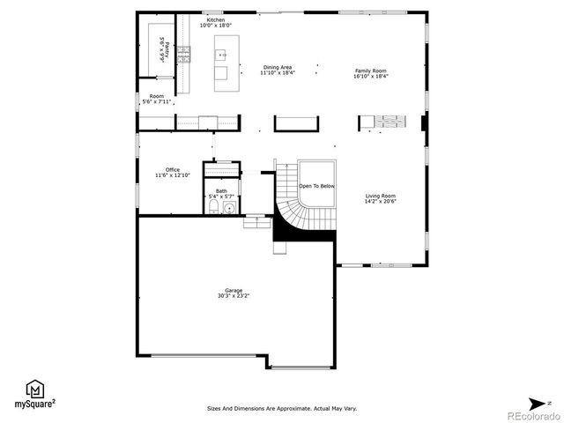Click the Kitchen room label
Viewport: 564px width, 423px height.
216,19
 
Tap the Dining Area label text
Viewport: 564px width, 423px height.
278,67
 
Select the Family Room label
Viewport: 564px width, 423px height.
371,70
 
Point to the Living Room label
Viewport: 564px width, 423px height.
381,196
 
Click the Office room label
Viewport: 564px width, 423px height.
173,170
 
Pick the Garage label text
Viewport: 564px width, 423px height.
234,291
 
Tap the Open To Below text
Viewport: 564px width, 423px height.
316,187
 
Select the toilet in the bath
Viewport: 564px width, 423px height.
213,207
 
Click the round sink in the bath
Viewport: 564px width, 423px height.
229,208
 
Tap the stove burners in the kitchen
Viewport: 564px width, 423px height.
184,56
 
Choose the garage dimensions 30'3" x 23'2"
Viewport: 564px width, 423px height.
234,297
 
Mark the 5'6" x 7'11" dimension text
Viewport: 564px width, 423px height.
157,102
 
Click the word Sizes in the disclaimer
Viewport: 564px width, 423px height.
214,408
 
